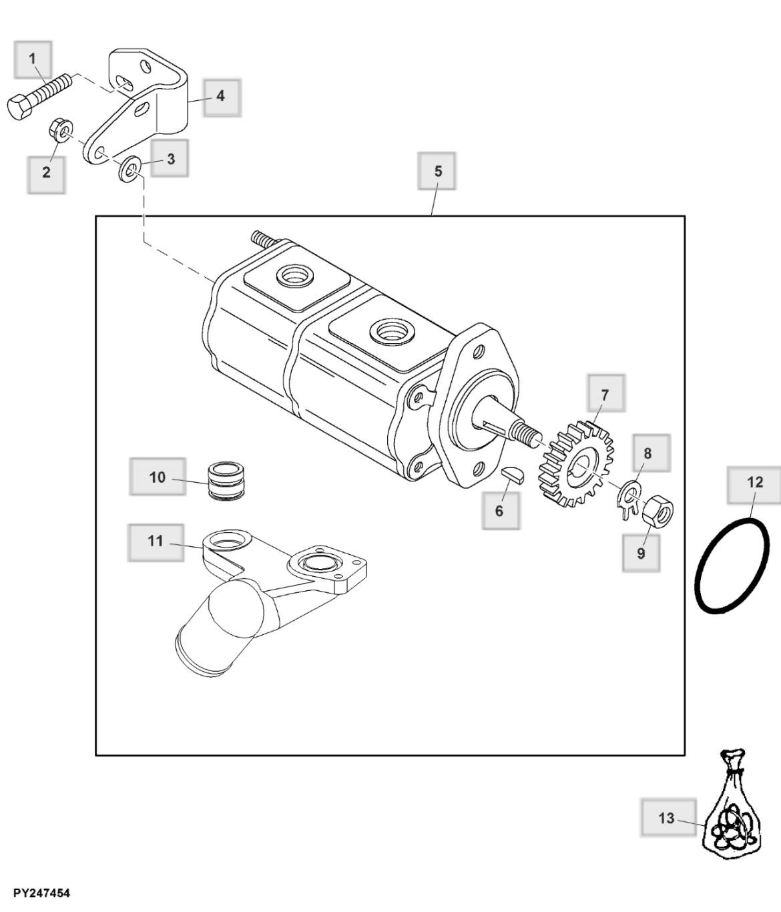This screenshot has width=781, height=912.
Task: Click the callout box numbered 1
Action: (x=33, y=59)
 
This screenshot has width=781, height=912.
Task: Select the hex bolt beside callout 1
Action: (x=39, y=96)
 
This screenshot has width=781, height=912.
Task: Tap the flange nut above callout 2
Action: (x=61, y=130)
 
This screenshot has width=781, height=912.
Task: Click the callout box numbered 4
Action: (x=222, y=96)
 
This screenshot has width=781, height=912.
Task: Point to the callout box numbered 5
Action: (x=438, y=172)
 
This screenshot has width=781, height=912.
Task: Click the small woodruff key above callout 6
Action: (x=514, y=474)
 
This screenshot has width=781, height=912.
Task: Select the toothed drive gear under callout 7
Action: (x=575, y=463)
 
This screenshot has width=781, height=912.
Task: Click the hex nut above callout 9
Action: (x=658, y=510)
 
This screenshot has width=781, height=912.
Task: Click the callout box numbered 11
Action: (x=156, y=541)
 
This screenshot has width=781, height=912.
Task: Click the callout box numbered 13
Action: (x=667, y=818)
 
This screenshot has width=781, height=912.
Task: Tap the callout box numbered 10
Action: (x=158, y=477)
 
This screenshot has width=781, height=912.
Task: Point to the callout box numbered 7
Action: (x=605, y=394)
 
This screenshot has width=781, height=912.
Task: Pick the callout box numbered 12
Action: (x=755, y=483)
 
